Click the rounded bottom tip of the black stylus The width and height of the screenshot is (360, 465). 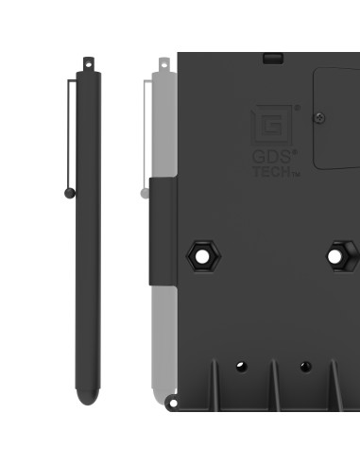point(86,398)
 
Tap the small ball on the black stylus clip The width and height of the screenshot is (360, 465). point(69,193)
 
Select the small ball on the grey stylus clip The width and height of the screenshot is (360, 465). point(145,193)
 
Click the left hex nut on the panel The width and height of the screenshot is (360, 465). point(201,254)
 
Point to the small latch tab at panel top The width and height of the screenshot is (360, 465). point(273,58)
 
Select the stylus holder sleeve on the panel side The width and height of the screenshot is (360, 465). point(163,232)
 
